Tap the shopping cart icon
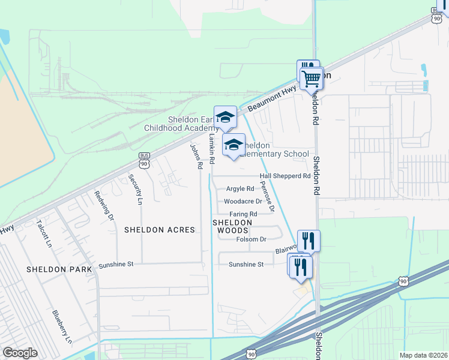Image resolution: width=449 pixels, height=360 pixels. [312, 78]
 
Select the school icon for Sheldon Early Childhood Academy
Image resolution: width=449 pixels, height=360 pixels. [225, 118]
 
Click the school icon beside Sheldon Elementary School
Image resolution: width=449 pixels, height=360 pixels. [234, 145]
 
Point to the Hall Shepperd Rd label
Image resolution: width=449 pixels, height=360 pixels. [285, 176]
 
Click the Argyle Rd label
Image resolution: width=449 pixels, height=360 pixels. [240, 189]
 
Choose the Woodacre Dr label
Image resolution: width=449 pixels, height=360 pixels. [243, 202]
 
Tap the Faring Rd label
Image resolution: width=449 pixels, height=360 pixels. [243, 214]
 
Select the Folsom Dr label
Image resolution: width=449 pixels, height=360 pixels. [251, 239]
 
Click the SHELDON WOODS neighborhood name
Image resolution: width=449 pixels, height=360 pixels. [229, 226]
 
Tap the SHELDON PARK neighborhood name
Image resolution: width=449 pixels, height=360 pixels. [59, 269]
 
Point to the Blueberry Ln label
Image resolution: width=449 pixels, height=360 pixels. [62, 327]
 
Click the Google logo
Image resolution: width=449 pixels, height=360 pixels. [20, 352]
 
